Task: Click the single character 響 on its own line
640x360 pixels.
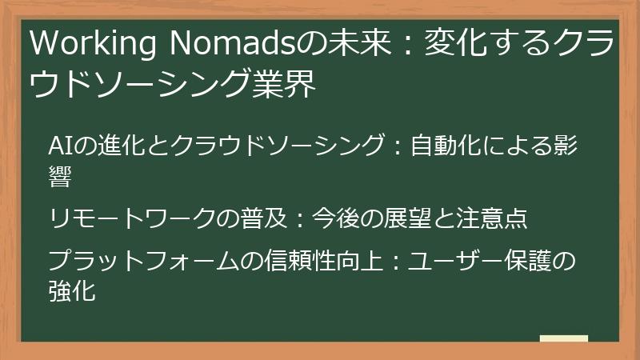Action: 61,177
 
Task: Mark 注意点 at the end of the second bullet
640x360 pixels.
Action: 489,218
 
